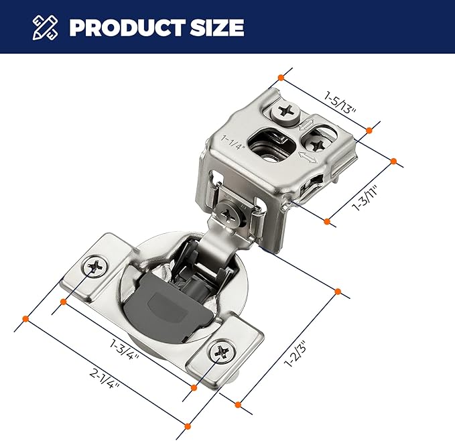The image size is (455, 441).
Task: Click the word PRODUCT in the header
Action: coord(127,27)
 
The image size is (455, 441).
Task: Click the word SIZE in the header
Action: coord(216,27)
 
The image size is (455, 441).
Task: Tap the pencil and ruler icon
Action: coord(45,27)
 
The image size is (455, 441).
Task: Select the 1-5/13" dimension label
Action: coord(340,103)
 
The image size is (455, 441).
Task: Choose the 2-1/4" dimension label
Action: coord(105,379)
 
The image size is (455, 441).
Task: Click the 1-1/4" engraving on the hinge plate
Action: coord(233,143)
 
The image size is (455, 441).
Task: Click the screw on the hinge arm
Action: coord(228,214)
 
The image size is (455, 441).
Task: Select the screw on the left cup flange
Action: coord(94,266)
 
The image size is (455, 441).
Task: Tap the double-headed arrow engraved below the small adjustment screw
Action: coord(308,157)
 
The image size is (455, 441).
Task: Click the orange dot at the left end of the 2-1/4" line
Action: coord(25,319)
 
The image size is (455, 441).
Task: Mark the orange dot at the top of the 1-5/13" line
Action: coord(281,78)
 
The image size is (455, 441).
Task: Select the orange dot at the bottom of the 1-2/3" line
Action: coord(238,405)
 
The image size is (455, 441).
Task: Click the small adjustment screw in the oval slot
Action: coord(316,144)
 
